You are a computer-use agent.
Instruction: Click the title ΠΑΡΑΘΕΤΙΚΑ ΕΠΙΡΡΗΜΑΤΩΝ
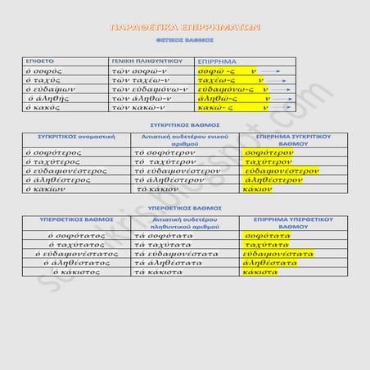tap(184, 27)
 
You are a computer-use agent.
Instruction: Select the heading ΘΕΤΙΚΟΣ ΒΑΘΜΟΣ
tap(184, 38)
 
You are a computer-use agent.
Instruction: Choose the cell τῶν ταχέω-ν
tap(139, 81)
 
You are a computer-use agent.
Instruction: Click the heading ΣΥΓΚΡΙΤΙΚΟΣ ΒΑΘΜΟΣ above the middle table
tap(184, 125)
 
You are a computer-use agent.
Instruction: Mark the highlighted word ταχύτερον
tap(268, 162)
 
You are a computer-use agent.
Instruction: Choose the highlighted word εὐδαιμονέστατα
tap(277, 254)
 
